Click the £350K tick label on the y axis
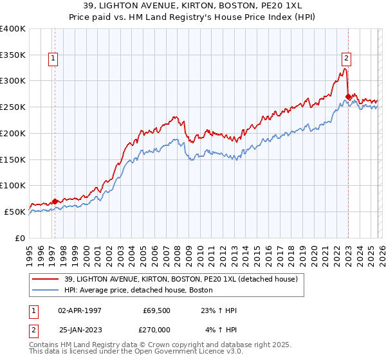tap(13, 55)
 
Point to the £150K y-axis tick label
tap(13, 159)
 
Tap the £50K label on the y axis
tap(15, 212)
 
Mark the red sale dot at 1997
tap(55, 201)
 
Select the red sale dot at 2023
tap(348, 97)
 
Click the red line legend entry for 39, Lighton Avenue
tap(181, 279)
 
